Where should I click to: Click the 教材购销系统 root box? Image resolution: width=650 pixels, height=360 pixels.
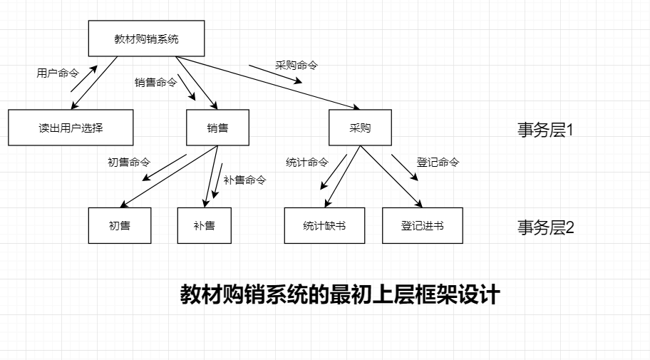(x=146, y=38)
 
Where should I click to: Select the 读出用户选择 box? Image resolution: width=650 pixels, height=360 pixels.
(x=71, y=128)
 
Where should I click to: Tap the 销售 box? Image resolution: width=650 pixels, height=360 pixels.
(x=217, y=128)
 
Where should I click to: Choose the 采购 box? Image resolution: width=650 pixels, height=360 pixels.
(x=360, y=128)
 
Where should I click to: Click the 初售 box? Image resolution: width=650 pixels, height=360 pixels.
(x=120, y=225)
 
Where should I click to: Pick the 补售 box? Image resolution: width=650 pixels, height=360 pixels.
(x=204, y=225)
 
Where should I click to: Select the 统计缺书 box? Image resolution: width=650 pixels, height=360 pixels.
(x=324, y=225)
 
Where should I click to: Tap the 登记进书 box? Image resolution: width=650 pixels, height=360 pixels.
(x=422, y=225)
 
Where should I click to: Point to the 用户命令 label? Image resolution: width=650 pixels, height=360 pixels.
(x=58, y=73)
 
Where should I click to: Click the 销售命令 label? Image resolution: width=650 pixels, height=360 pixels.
(x=155, y=83)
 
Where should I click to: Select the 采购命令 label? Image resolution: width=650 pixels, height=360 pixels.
(x=296, y=65)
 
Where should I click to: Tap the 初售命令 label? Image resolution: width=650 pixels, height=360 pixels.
(x=129, y=162)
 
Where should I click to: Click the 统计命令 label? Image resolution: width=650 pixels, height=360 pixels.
(x=307, y=162)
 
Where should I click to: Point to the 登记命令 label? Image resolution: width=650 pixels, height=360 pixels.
(x=438, y=162)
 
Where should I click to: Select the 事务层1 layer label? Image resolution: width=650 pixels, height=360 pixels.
(x=545, y=130)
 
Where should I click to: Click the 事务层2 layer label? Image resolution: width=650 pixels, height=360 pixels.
(x=545, y=227)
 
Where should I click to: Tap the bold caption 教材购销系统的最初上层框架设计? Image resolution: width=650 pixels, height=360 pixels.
(x=340, y=294)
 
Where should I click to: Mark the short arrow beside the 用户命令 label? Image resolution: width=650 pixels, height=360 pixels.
(x=84, y=78)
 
